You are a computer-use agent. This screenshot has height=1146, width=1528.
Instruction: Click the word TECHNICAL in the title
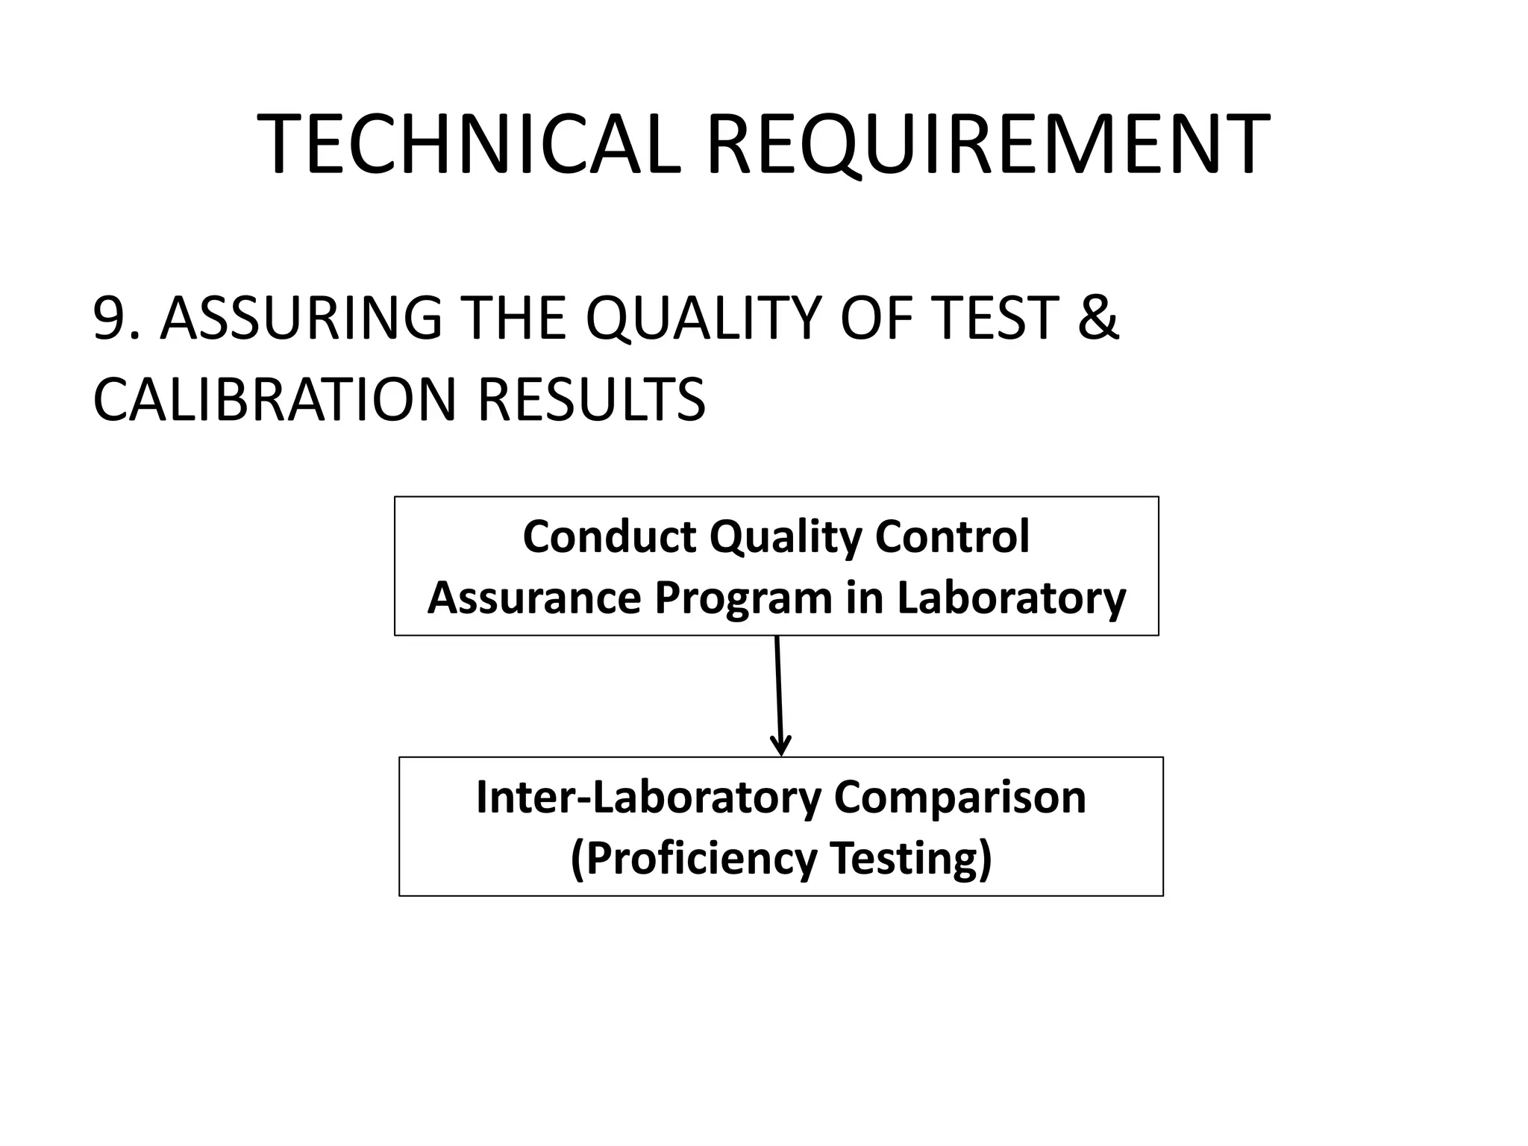click(469, 145)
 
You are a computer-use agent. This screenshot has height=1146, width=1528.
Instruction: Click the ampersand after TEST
click(1097, 319)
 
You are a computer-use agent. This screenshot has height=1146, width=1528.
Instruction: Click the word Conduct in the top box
click(609, 536)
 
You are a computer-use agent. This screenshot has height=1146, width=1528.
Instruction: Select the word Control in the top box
click(953, 536)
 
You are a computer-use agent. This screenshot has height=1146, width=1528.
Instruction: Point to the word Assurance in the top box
click(534, 598)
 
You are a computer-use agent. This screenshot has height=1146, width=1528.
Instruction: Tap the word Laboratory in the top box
click(1011, 598)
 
